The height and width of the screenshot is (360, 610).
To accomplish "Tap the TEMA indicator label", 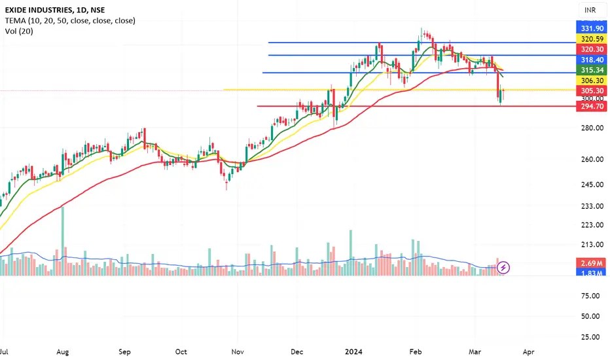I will click(x=68, y=21).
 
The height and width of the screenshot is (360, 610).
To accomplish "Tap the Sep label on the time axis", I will click(x=126, y=351).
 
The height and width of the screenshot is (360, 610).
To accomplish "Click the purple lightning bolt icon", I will click(x=504, y=267).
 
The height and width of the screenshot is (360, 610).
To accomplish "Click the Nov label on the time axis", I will click(x=238, y=351).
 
